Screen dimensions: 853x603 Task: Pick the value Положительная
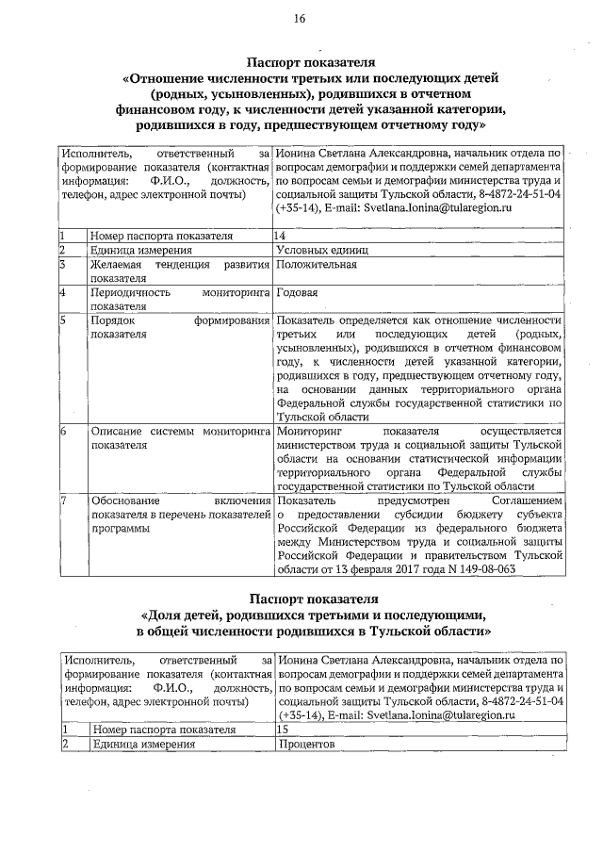316,265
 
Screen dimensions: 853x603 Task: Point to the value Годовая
297,293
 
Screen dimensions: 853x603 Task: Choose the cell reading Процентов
307,744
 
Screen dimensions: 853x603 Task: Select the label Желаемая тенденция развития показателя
179,271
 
